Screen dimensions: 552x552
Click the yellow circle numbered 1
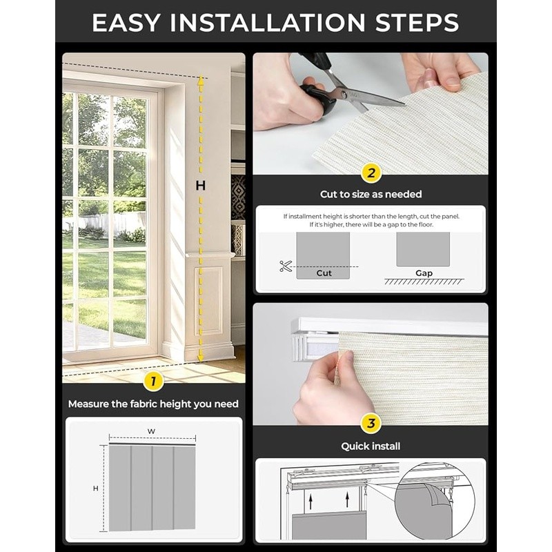153,382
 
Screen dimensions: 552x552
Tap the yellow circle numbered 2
371,173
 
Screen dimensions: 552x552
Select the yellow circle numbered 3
371,423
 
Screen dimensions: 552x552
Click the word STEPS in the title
417,23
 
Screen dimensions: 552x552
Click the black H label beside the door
201,186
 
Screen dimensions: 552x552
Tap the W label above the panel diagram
151,431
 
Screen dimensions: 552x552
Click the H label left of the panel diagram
95,489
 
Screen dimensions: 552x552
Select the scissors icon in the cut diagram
286,266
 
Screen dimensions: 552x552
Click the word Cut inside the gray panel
324,273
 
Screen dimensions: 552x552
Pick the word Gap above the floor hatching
424,273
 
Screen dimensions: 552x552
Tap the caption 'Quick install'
371,446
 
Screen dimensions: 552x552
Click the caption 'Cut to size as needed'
371,195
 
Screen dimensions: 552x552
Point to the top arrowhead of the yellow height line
200,81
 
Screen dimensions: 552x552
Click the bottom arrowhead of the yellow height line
200,357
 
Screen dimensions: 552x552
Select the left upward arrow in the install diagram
310,502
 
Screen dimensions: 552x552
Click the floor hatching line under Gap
424,282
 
